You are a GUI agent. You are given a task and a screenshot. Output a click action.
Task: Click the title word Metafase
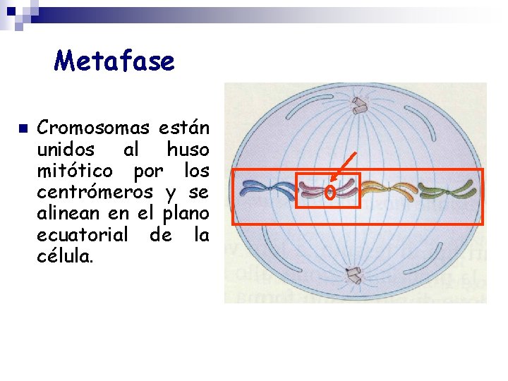tap(114, 61)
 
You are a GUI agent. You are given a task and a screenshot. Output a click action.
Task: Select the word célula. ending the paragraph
tap(64, 255)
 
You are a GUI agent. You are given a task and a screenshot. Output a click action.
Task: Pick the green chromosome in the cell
tap(444, 188)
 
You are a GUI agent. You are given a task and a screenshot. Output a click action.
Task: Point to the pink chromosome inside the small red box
tap(313, 190)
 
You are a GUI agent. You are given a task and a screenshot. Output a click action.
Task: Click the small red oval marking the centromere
tap(329, 191)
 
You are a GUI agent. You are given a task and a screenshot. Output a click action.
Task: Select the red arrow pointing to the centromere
tap(343, 169)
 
